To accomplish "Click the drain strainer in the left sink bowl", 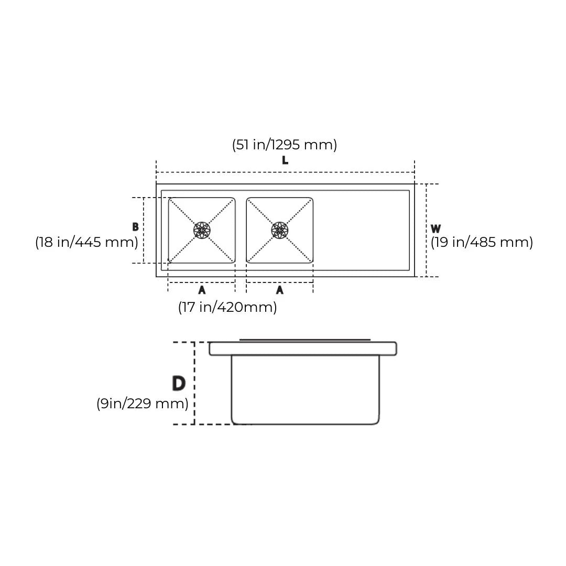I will point(202,230).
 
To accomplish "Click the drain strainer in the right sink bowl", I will point(280,230).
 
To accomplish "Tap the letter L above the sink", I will point(285,160).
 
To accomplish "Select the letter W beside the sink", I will point(436,229).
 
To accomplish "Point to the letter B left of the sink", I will point(135,227).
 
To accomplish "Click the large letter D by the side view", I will point(179,383).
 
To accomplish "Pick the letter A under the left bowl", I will point(202,290).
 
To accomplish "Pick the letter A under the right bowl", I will point(280,290).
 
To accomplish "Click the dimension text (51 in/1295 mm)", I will point(285,145).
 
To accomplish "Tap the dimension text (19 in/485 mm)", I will point(482,242).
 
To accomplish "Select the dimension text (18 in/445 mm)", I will point(86,242).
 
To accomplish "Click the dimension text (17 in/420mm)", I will point(227,307).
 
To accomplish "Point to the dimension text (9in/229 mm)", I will point(142,404).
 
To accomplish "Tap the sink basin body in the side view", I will point(305,390).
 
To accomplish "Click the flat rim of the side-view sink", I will point(303,349).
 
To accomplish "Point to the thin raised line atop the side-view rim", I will point(305,340).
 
